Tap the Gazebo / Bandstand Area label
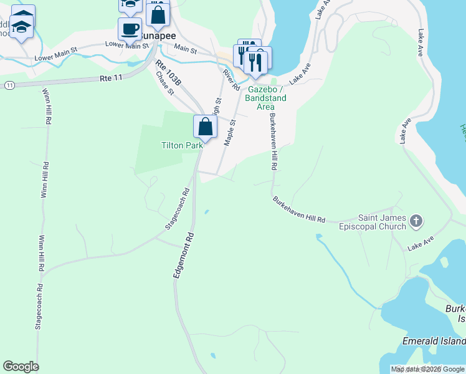(x=265, y=98)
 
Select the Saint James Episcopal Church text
(x=382, y=222)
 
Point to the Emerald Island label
(x=434, y=341)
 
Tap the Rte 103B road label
(x=168, y=73)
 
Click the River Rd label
(x=231, y=79)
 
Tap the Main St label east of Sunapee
(x=185, y=48)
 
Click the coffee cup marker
(x=130, y=29)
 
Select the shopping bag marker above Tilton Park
(x=205, y=127)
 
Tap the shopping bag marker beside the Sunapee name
(x=158, y=14)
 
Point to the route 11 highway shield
(x=9, y=84)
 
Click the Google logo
(x=21, y=367)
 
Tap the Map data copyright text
(x=427, y=369)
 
